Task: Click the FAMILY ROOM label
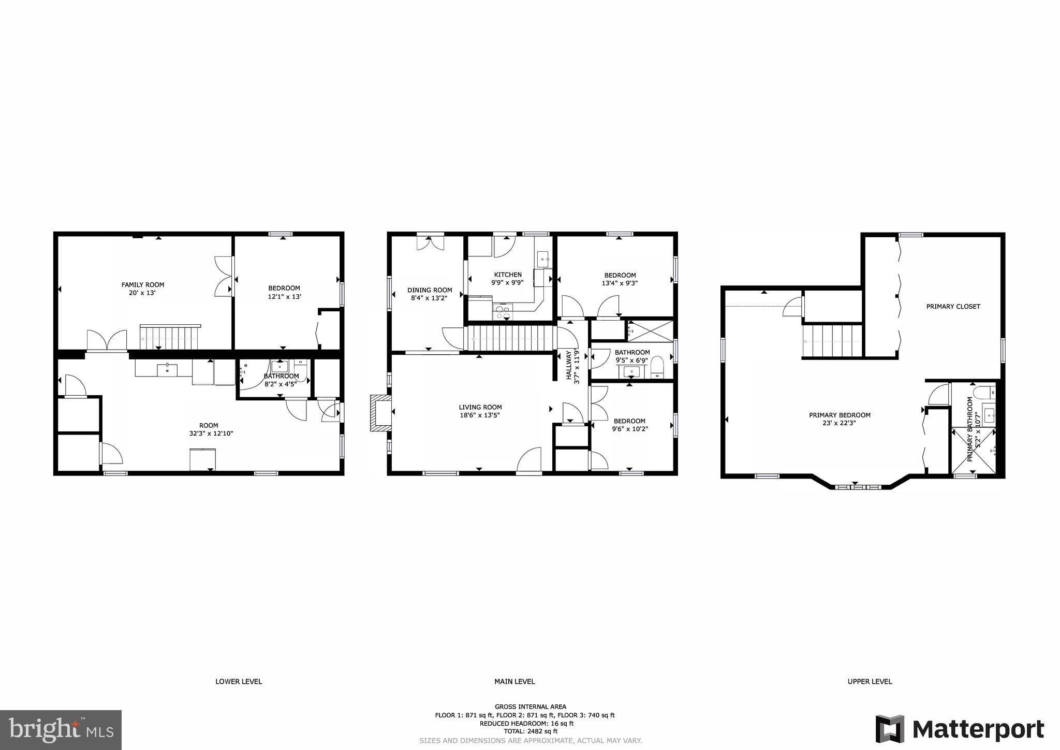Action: (x=142, y=284)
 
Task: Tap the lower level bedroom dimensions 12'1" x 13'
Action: (x=284, y=297)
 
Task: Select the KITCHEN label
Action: (x=508, y=275)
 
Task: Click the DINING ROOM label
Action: (x=430, y=290)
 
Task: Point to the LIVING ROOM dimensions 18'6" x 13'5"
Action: (x=480, y=415)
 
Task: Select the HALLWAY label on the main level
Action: (x=569, y=365)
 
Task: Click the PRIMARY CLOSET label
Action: (x=953, y=306)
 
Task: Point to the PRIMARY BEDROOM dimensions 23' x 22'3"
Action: (x=840, y=423)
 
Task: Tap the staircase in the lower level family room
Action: (x=169, y=337)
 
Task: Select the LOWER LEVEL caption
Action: (x=239, y=681)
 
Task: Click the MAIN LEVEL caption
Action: (x=514, y=681)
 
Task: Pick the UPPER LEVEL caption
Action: (x=870, y=681)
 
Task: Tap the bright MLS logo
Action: (x=61, y=730)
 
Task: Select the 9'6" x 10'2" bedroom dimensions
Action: (x=630, y=429)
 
